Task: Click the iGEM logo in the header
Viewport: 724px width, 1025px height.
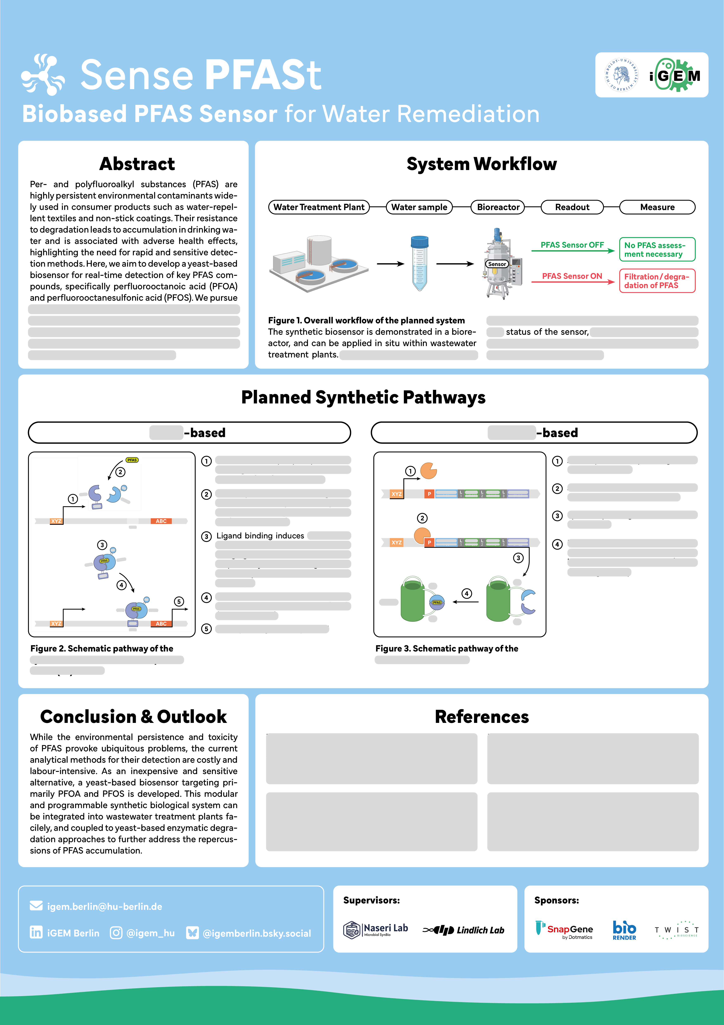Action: click(675, 75)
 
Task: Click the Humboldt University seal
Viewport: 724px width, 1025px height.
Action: click(621, 75)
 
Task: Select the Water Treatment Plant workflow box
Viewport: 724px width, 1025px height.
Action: click(319, 207)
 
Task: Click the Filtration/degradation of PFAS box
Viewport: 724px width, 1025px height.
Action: click(657, 281)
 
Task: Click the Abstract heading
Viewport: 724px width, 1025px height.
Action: click(137, 164)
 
